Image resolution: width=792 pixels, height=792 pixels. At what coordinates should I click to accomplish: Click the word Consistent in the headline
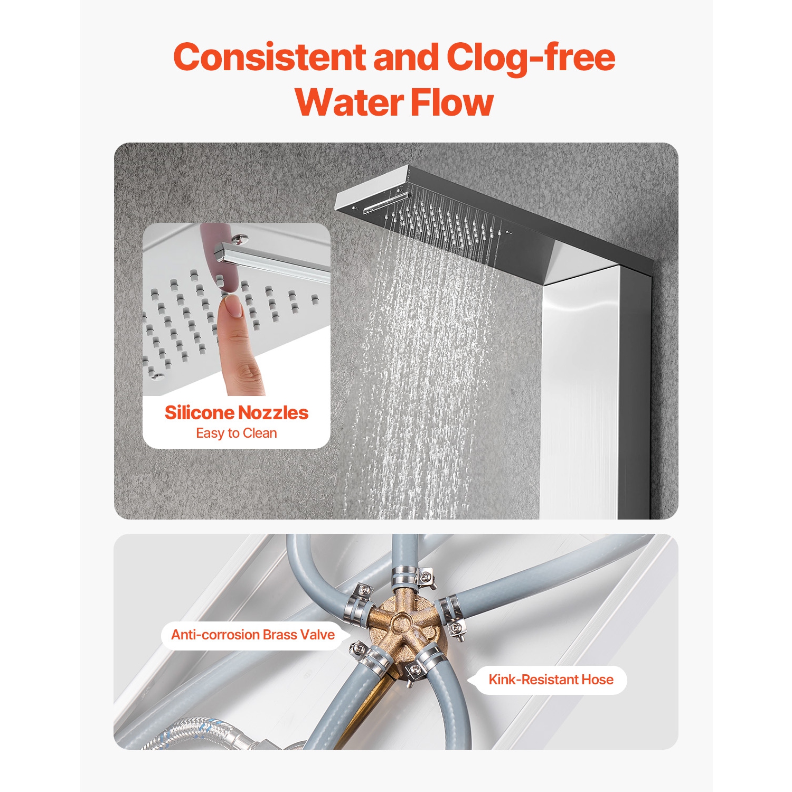(269, 57)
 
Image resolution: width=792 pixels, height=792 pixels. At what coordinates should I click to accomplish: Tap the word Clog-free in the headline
(530, 57)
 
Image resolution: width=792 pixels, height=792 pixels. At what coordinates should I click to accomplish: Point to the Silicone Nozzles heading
(236, 413)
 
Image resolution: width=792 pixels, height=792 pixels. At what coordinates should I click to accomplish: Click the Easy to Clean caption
(236, 433)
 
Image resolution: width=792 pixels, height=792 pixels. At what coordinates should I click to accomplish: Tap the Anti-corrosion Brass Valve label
(253, 635)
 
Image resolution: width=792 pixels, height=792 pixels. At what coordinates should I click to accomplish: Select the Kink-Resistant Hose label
(551, 680)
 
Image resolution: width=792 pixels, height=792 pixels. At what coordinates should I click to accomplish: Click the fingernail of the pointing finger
(232, 305)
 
